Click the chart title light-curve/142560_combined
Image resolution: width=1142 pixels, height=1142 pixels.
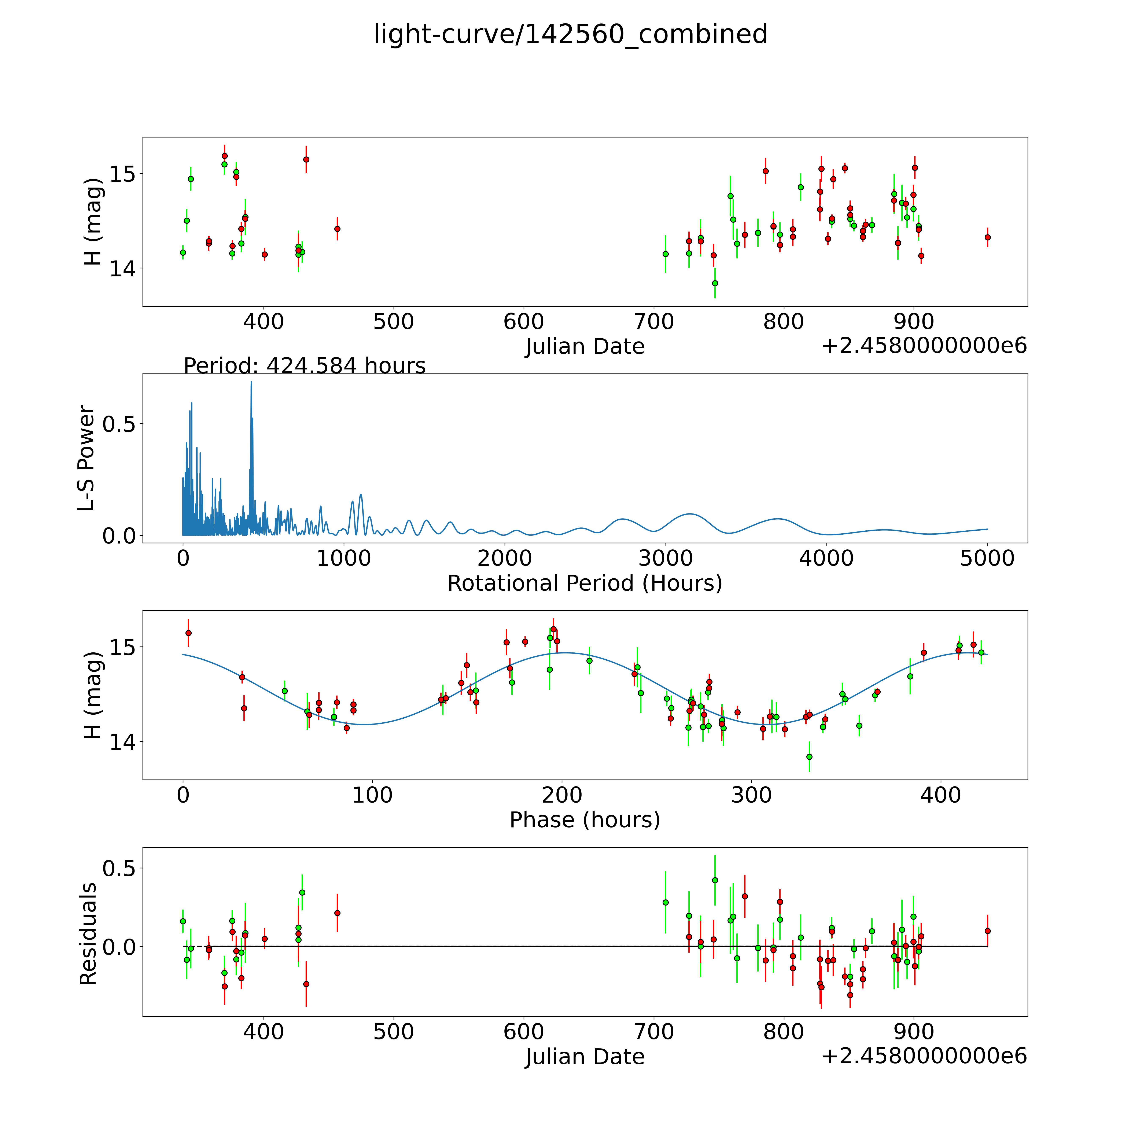coord(570,34)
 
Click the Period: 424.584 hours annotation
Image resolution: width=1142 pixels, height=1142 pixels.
coord(304,366)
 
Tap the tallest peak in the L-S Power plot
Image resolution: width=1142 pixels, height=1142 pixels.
coord(251,382)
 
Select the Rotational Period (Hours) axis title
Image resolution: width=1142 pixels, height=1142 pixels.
coord(585,583)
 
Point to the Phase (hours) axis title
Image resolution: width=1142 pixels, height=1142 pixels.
coord(585,820)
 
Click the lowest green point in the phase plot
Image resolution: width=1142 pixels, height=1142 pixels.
coord(809,757)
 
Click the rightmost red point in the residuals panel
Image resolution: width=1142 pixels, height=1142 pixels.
coord(987,931)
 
